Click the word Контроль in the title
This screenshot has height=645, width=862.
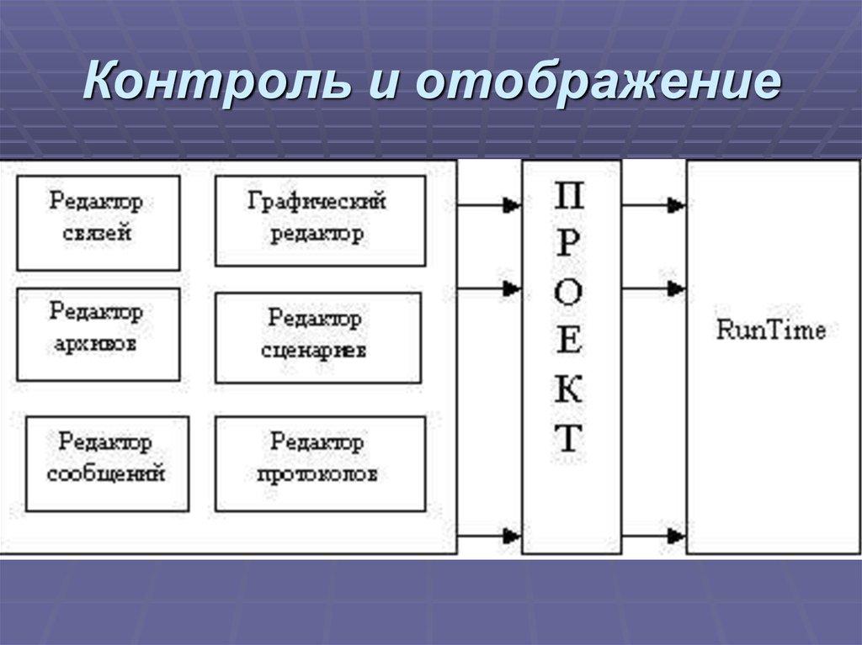point(215,83)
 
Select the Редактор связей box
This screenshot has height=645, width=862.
point(98,222)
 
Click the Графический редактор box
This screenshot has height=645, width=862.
point(320,220)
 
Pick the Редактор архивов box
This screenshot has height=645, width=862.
point(98,333)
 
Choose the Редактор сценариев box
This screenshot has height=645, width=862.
point(317,337)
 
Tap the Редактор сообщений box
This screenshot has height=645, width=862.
point(106,463)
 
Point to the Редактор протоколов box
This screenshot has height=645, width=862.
point(320,463)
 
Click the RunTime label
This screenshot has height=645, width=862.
point(770,330)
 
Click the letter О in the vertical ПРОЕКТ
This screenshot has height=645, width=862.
point(570,293)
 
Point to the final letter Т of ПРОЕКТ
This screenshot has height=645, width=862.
point(570,438)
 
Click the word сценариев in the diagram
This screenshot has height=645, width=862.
point(313,351)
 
